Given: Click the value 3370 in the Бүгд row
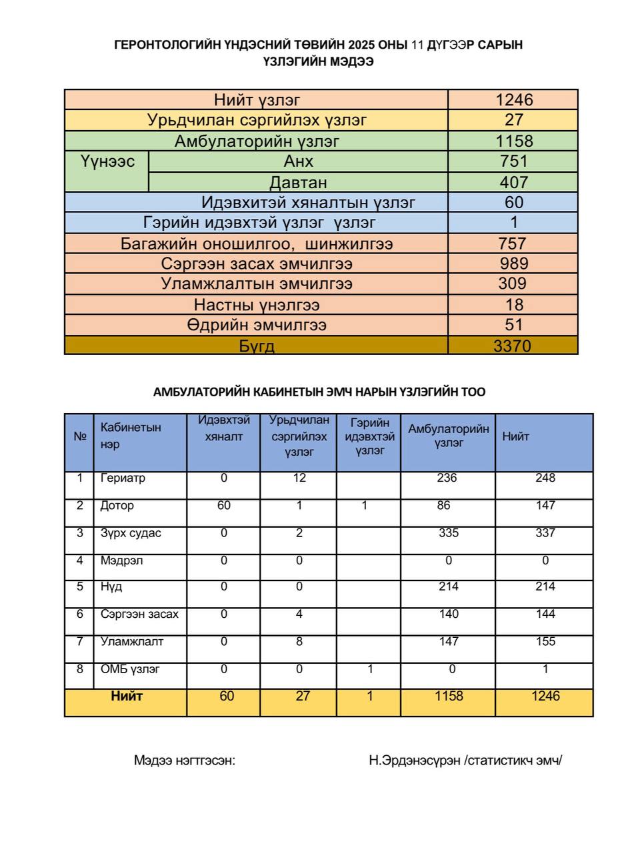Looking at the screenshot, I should (x=512, y=346).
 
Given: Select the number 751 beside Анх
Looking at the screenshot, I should (x=513, y=161).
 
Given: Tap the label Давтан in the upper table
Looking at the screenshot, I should (x=298, y=182).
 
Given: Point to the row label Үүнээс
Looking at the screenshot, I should (x=107, y=161).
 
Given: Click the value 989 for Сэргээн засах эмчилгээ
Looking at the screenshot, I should (x=513, y=264).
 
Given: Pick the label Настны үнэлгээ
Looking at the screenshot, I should (x=257, y=305).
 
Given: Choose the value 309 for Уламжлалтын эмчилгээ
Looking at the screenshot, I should (x=512, y=284).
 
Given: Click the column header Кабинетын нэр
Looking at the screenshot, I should (x=131, y=436).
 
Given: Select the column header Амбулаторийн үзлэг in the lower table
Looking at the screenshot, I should (x=449, y=436).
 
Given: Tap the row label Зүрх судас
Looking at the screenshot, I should (x=131, y=533).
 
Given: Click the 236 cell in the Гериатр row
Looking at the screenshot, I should (x=447, y=478).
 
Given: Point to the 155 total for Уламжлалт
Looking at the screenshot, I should (x=545, y=641).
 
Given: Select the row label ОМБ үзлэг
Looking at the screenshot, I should (x=130, y=669).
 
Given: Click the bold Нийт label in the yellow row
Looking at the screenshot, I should (x=127, y=696).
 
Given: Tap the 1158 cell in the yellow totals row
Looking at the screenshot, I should (x=449, y=696).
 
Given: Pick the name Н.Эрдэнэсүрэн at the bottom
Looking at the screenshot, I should (x=414, y=760).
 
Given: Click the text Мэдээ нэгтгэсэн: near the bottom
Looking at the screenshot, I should (x=185, y=760).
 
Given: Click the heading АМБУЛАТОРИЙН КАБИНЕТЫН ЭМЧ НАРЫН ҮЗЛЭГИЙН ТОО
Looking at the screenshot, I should (x=319, y=392).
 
